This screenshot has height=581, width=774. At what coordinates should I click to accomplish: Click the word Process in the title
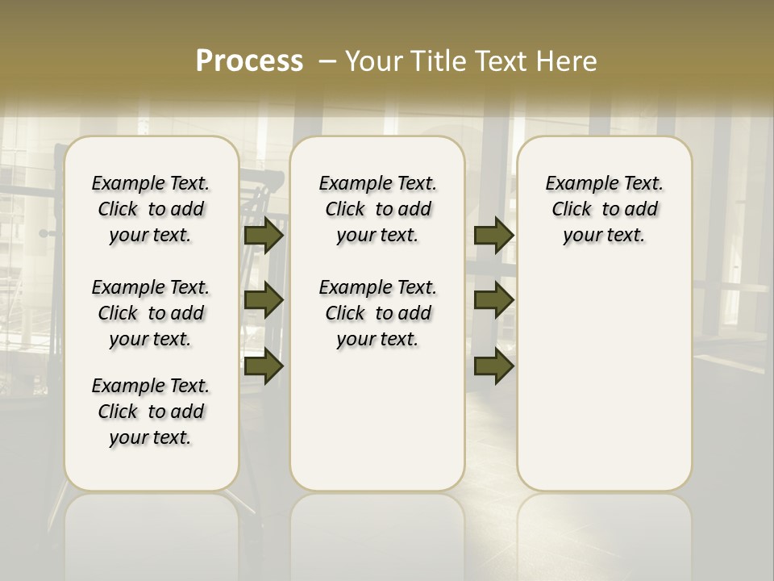[x=249, y=61]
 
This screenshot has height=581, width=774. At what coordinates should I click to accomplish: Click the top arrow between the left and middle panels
[x=264, y=236]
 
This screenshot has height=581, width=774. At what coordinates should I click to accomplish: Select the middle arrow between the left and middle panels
[x=264, y=300]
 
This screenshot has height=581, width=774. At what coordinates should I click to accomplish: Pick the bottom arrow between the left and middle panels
[x=264, y=366]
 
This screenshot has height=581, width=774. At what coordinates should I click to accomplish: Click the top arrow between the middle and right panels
[x=493, y=236]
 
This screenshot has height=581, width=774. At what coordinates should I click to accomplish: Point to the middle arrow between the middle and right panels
[x=493, y=300]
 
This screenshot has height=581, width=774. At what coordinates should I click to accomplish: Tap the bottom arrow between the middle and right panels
[x=493, y=366]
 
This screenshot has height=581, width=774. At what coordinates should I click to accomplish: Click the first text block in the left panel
[x=151, y=209]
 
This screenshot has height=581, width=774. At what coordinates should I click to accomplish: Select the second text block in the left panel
[x=151, y=313]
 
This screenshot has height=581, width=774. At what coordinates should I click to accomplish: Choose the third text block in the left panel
[x=151, y=412]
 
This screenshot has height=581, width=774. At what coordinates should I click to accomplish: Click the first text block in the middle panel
[x=378, y=209]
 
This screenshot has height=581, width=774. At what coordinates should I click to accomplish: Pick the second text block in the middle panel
[x=378, y=313]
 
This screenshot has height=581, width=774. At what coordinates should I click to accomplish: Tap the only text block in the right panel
[x=605, y=209]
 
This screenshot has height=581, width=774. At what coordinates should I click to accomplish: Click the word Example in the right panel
[x=576, y=184]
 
